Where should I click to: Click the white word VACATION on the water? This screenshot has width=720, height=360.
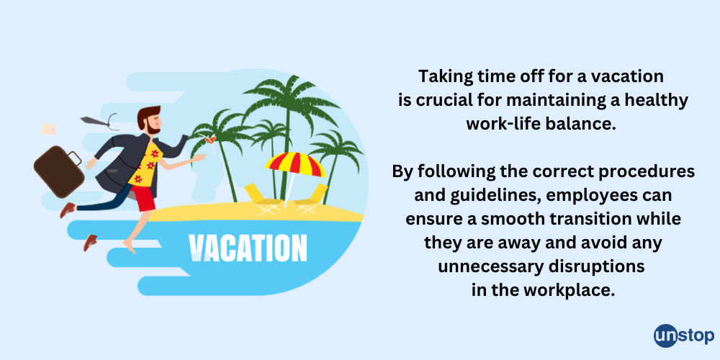(x=247, y=246)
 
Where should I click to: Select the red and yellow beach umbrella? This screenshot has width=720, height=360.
(x=295, y=165)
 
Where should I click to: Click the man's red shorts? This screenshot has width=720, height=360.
(x=144, y=197)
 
